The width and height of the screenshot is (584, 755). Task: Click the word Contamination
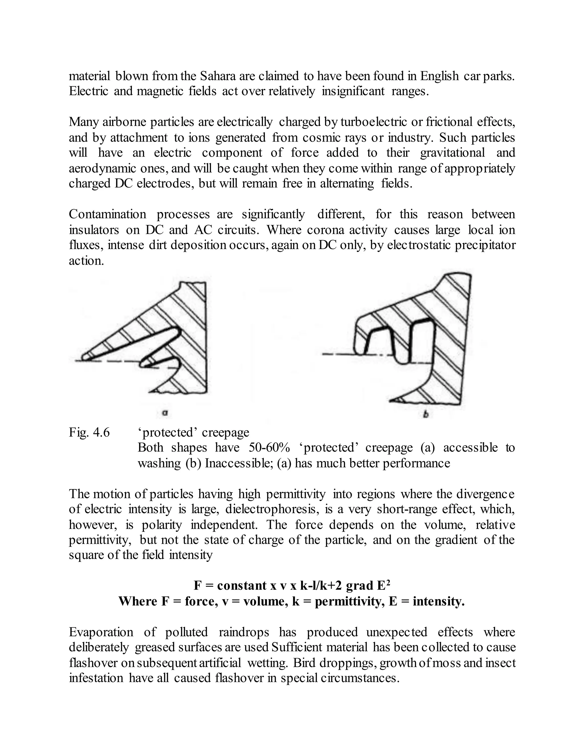pyautogui.click(x=107, y=214)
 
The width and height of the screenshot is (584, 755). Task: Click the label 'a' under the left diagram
pyautogui.click(x=165, y=412)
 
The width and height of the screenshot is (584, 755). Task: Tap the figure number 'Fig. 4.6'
pyautogui.click(x=89, y=432)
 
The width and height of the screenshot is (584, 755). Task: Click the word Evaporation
pyautogui.click(x=101, y=632)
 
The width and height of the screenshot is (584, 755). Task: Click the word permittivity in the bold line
pyautogui.click(x=349, y=601)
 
